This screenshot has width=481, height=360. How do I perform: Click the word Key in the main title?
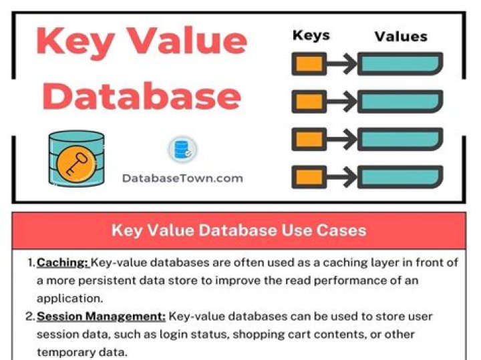pos(75,41)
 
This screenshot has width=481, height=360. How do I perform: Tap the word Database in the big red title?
pos(141,96)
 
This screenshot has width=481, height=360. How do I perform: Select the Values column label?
pos(401,36)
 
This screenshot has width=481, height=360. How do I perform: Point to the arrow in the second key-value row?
pos(341,102)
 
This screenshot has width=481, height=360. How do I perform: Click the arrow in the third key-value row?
pos(341,139)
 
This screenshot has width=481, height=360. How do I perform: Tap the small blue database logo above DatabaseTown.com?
pos(182,150)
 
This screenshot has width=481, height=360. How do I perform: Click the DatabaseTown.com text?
pos(182,178)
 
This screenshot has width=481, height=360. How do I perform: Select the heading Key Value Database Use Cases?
pos(238,230)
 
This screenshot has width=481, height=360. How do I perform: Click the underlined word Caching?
pos(62,262)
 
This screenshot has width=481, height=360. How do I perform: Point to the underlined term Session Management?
pos(101,315)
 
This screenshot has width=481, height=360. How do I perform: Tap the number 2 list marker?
pos(30,315)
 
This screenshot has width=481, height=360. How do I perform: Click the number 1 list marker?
pos(31,262)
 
